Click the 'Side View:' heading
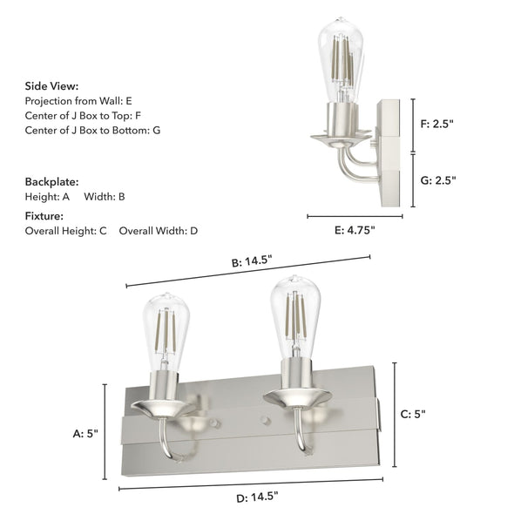[51, 86]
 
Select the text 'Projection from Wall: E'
[78, 101]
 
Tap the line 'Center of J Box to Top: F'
[83, 115]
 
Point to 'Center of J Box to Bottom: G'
[92, 130]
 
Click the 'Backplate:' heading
[51, 182]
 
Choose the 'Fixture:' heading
[44, 216]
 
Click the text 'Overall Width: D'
[159, 231]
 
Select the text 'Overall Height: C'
[65, 231]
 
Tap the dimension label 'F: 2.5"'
[437, 124]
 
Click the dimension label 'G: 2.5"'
[438, 180]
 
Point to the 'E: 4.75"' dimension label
[355, 231]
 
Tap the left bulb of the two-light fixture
[166, 331]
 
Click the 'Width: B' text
[105, 197]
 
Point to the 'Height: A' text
[48, 197]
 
